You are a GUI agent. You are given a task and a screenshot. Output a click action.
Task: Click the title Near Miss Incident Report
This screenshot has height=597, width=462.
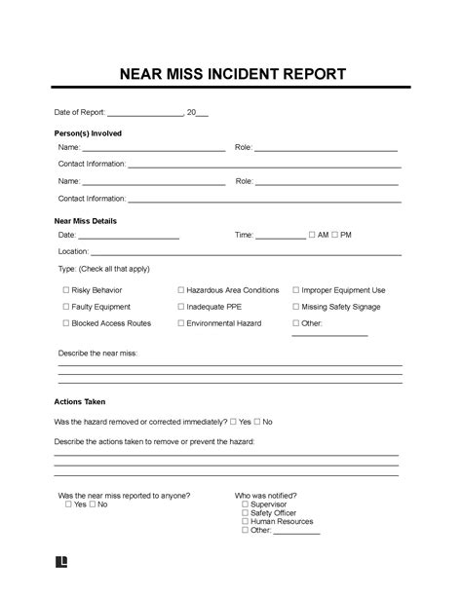pyautogui.click(x=231, y=75)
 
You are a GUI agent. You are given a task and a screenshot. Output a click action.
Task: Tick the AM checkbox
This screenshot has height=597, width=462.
pyautogui.click(x=311, y=235)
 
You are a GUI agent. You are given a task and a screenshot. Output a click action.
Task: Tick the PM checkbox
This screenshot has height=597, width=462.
pyautogui.click(x=334, y=235)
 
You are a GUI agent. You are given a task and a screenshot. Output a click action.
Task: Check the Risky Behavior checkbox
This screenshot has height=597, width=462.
pyautogui.click(x=66, y=290)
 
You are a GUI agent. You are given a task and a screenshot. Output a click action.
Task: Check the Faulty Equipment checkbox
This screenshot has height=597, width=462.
pyautogui.click(x=66, y=307)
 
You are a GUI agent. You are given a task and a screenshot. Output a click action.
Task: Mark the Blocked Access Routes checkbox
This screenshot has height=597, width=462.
pyautogui.click(x=66, y=323)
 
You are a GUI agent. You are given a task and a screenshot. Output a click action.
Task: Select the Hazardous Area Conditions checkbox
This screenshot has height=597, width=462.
pyautogui.click(x=181, y=290)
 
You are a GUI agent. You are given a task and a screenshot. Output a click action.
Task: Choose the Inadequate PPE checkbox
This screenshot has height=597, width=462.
pyautogui.click(x=181, y=307)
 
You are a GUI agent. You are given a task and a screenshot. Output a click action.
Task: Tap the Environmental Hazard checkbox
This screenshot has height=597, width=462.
pyautogui.click(x=181, y=323)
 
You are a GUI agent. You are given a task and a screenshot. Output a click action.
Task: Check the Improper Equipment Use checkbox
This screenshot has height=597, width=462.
pyautogui.click(x=295, y=290)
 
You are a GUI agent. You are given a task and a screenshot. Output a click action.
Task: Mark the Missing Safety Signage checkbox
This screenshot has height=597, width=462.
pyautogui.click(x=295, y=307)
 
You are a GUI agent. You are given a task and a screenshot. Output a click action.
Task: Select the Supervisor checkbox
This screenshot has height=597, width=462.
pyautogui.click(x=245, y=504)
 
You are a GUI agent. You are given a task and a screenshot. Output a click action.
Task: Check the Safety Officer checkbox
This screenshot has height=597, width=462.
pyautogui.click(x=245, y=513)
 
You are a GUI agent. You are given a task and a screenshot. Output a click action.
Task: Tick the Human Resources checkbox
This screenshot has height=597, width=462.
pyautogui.click(x=245, y=522)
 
